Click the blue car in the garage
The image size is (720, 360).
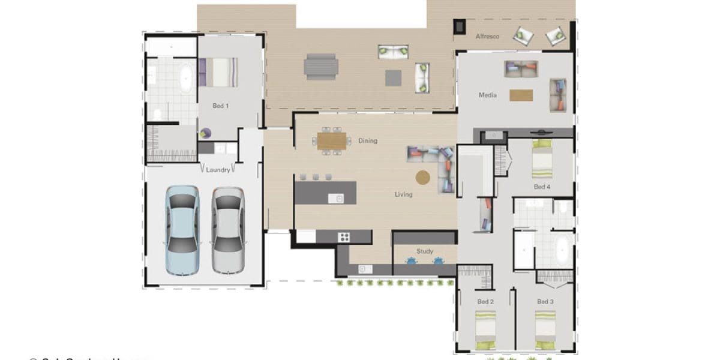[x=182, y=230]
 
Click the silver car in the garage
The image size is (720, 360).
[x=227, y=230]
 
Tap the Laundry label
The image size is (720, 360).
[x=217, y=170]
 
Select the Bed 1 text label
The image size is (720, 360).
[x=220, y=106]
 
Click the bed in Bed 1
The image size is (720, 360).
[x=218, y=71]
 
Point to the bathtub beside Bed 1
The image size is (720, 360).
[x=186, y=78]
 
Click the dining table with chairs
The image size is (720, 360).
[x=332, y=141]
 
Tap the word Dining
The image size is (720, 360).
[x=368, y=141]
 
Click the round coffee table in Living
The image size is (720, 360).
[x=424, y=177]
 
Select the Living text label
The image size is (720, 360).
[x=403, y=194]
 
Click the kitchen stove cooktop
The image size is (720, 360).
[x=344, y=237]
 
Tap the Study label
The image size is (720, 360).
[x=425, y=251]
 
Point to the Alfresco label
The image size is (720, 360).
[x=487, y=37]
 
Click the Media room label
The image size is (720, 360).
[x=487, y=95]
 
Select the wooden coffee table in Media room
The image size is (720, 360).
[x=521, y=95]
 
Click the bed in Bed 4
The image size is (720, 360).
[x=542, y=159]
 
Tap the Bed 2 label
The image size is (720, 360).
[x=485, y=301]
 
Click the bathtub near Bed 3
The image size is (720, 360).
[x=562, y=250]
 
